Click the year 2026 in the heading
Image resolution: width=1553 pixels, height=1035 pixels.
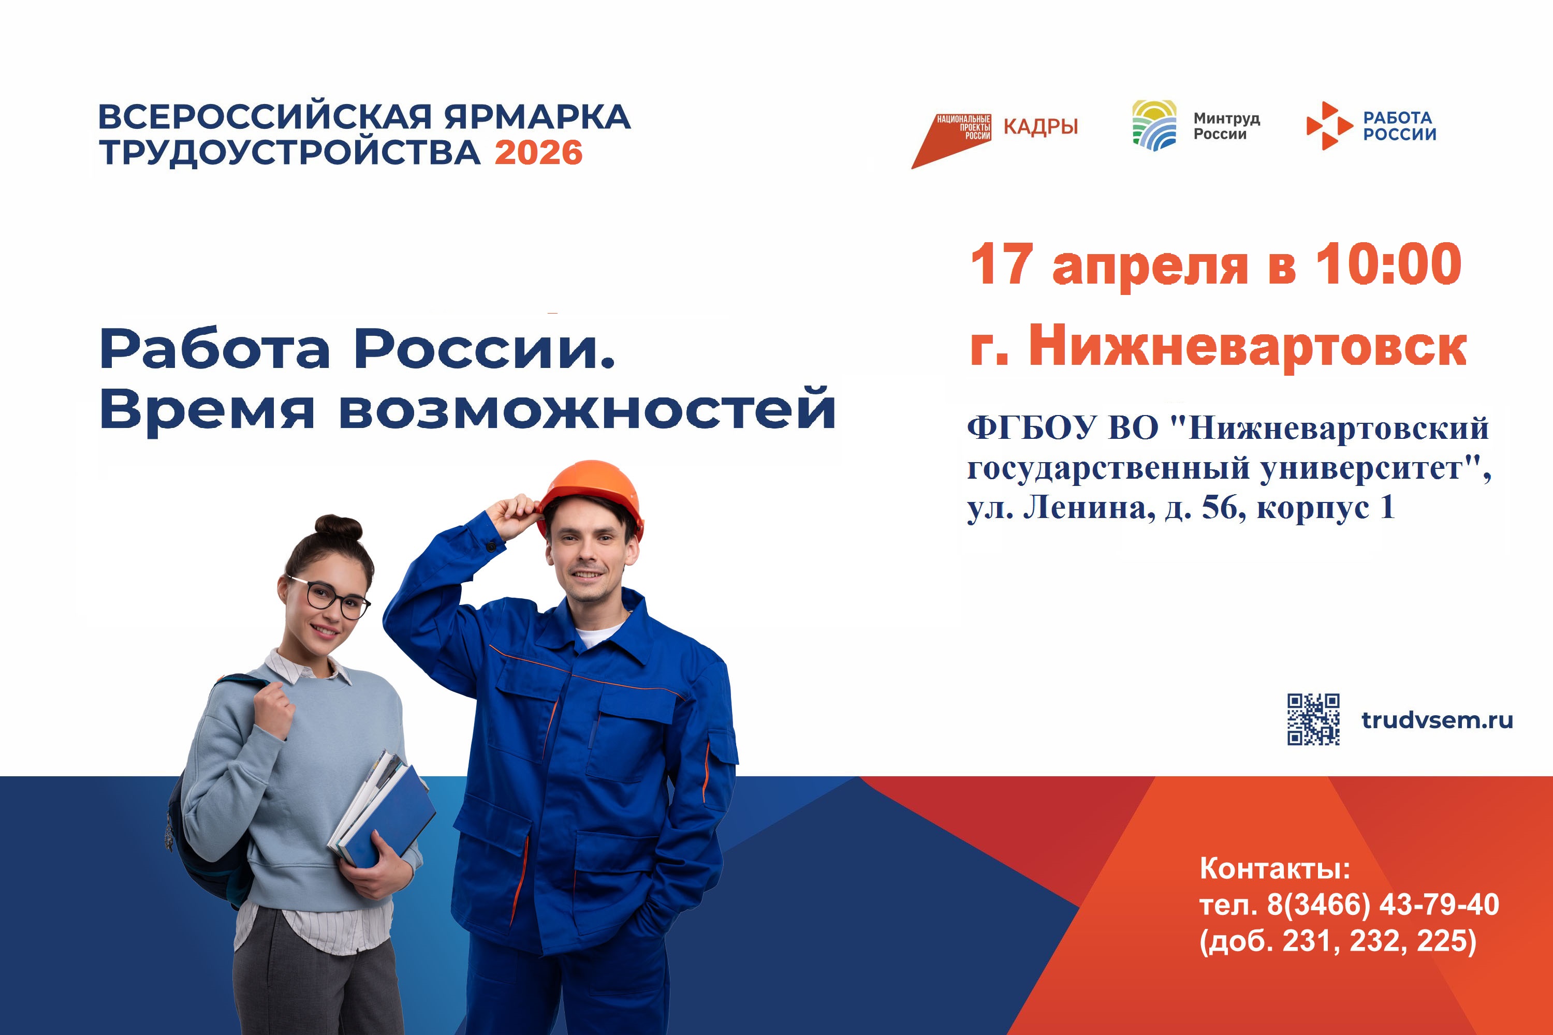coord(538,153)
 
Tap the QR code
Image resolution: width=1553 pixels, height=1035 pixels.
coord(1313,719)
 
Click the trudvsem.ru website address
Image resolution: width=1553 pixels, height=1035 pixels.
coord(1437,720)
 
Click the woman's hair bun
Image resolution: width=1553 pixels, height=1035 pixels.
coord(339,527)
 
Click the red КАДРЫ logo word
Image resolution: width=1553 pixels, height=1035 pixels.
coord(1041,127)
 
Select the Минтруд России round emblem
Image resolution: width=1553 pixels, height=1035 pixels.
coord(1154,125)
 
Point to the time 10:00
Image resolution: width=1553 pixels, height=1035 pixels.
coord(1388,264)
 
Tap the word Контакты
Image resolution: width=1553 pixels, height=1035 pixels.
coord(1274,869)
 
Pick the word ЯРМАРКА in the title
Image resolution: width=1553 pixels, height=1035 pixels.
coord(537,117)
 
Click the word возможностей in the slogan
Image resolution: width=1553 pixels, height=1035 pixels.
coord(587,409)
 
